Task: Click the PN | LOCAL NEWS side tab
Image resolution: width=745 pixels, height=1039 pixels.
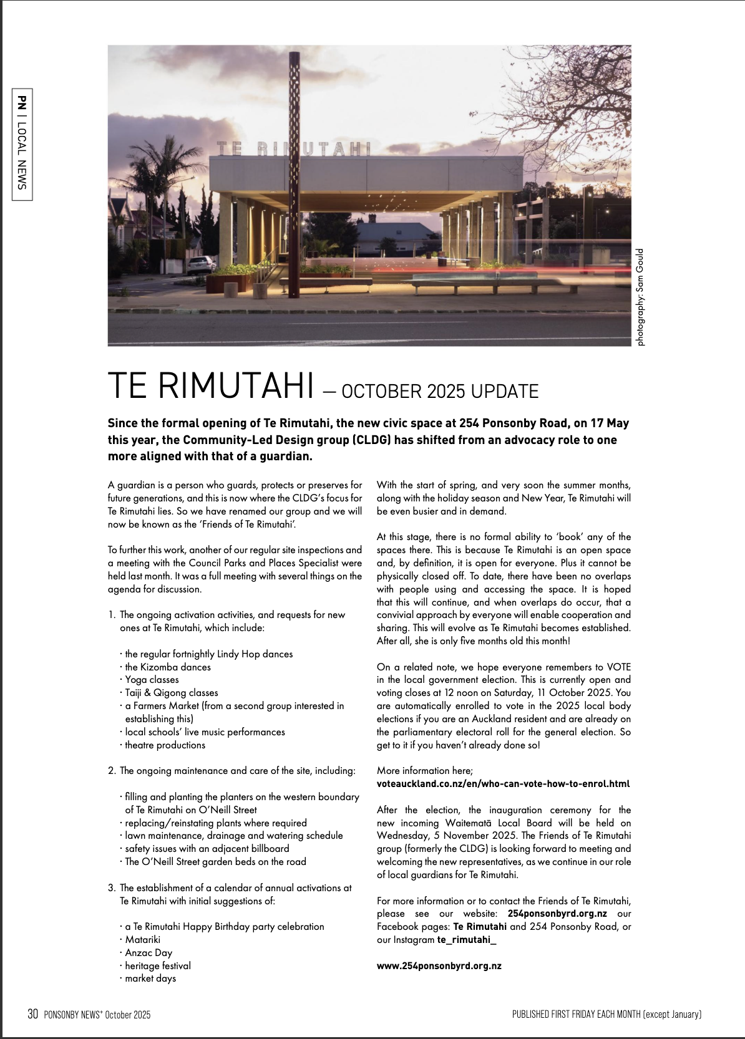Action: [22, 143]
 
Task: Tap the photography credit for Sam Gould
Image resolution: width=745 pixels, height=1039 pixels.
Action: [640, 297]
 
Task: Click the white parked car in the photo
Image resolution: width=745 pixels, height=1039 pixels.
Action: [201, 264]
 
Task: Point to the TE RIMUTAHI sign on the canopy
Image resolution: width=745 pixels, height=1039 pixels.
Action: [294, 148]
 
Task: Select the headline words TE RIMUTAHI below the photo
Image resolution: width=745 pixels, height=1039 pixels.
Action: [211, 385]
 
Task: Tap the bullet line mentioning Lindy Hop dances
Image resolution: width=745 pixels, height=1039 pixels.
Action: [208, 654]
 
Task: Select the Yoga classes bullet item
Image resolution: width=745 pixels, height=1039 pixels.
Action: [152, 680]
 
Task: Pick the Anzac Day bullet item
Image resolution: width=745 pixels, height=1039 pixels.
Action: [149, 953]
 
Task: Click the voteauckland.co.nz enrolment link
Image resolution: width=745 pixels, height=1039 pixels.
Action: [503, 784]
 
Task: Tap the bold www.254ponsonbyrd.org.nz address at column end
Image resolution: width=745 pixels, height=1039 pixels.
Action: [439, 966]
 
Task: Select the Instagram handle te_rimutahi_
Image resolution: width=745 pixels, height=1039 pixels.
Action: [466, 940]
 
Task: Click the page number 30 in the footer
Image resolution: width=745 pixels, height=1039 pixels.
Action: [33, 1014]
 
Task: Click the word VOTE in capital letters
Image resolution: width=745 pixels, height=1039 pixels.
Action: [618, 667]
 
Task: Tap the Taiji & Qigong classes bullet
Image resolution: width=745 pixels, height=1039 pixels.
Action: [172, 693]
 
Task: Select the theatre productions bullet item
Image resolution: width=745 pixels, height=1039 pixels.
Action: [165, 745]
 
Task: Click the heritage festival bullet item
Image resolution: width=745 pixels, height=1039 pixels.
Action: [158, 966]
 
